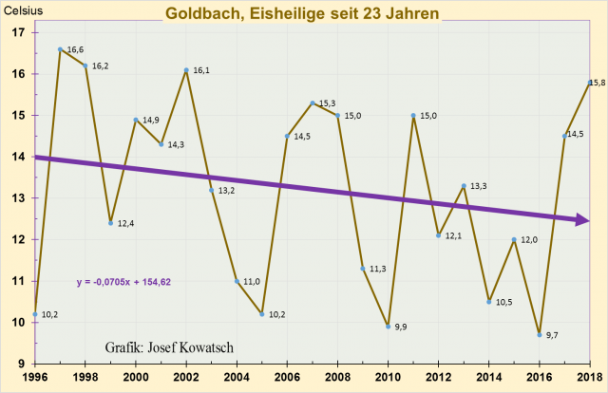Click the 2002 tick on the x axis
click(x=186, y=378)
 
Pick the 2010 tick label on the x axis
click(x=388, y=378)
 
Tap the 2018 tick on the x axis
click(x=589, y=378)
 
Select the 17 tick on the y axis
click(x=18, y=32)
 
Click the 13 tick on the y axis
click(x=18, y=198)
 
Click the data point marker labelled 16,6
click(x=60, y=49)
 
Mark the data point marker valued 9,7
click(x=539, y=334)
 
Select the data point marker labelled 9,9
click(x=388, y=326)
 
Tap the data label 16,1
click(x=201, y=70)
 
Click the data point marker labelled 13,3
click(x=463, y=186)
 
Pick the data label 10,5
click(x=503, y=302)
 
